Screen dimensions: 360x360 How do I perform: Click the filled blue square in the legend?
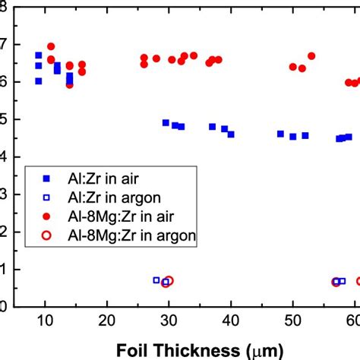tap(46, 178)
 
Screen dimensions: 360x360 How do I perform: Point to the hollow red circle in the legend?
tap(46, 236)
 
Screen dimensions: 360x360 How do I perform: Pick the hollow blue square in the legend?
tap(46, 197)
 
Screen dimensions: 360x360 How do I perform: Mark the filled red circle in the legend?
tap(46, 216)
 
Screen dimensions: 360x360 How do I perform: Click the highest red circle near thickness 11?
tap(51, 46)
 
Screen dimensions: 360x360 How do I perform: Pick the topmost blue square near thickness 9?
tap(39, 55)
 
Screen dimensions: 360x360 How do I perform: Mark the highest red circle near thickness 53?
tap(311, 55)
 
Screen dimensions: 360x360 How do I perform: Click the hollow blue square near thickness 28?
tap(156, 280)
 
